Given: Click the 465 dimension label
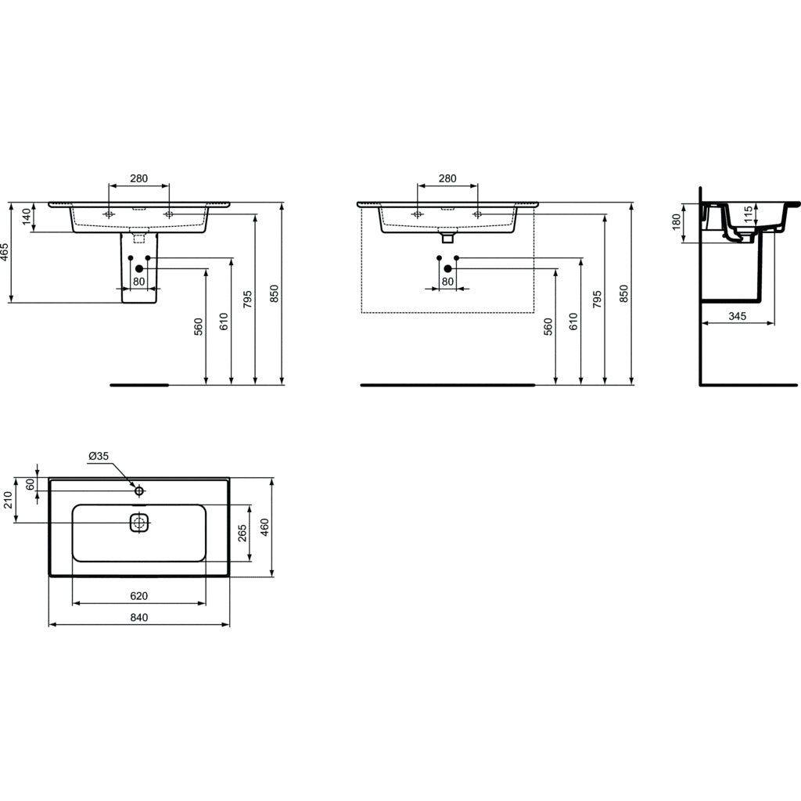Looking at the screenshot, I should [x=5, y=253].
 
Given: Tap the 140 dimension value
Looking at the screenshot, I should [x=27, y=217].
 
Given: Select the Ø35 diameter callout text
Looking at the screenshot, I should [x=99, y=456].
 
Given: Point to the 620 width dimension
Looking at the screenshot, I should [x=138, y=596].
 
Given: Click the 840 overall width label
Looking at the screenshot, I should [x=138, y=617].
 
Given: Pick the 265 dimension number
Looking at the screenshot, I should [x=242, y=533].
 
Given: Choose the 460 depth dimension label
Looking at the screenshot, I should [x=264, y=528].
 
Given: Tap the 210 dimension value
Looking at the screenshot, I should [x=9, y=499].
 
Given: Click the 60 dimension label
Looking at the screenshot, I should [x=31, y=485].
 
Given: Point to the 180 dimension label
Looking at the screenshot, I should [x=677, y=223].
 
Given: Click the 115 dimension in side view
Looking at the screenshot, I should [x=748, y=214].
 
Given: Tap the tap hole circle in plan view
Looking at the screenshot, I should [x=139, y=490].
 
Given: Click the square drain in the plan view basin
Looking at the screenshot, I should [x=139, y=523].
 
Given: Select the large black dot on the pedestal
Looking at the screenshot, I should [x=139, y=269].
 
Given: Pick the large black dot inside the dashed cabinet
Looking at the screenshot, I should [x=448, y=269].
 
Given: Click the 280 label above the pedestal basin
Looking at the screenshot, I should [x=138, y=178].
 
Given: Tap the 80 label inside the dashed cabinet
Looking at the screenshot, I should [x=447, y=282].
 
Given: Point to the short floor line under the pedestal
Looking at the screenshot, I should [x=139, y=385].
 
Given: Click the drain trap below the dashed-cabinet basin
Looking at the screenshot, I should [x=448, y=233].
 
